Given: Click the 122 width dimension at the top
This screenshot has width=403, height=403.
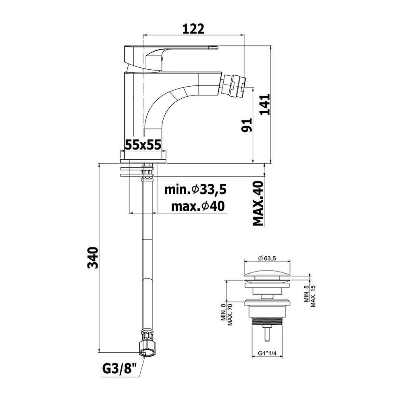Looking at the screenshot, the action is coord(193,29).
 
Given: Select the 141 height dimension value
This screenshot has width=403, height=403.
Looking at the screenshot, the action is coord(265,104).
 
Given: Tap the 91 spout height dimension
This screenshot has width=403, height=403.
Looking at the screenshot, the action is coord(247,125).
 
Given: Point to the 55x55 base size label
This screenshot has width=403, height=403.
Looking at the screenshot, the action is coord(143,145).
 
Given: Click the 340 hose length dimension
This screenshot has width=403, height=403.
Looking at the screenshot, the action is coord(93,258).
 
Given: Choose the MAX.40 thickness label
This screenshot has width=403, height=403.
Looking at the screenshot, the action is coord(258,203).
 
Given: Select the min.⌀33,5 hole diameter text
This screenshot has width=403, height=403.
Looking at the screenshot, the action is coord(195,190).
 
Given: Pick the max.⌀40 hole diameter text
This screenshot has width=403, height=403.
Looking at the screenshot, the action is coord(198,206).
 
